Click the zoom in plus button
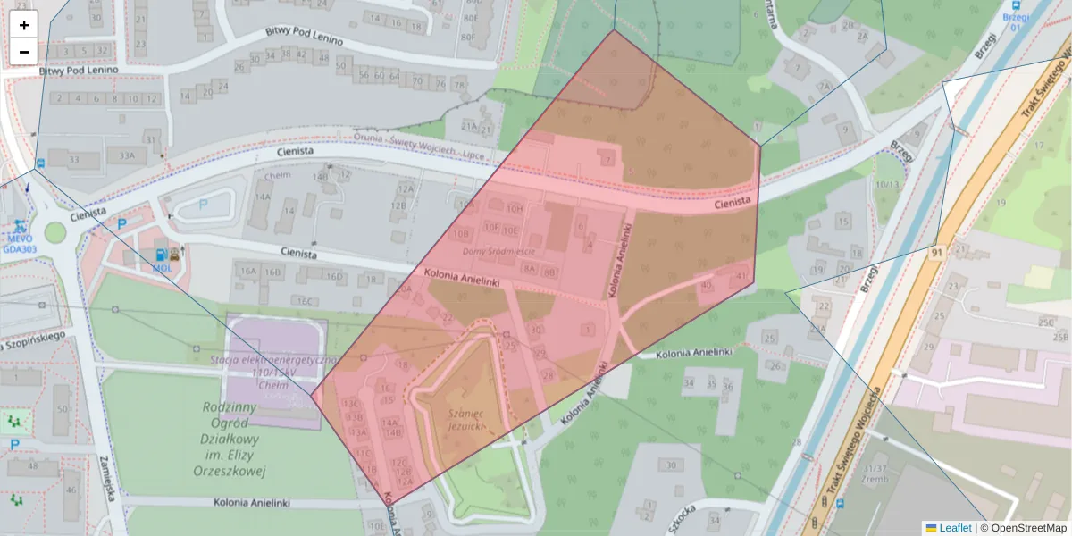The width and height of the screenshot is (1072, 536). (24, 25)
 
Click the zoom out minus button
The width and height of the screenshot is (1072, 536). (24, 52)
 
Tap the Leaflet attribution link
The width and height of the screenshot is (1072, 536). (955, 528)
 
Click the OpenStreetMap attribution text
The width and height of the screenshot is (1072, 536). (1027, 528)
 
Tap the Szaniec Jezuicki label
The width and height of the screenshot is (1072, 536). (465, 420)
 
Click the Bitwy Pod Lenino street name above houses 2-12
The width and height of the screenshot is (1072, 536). (80, 71)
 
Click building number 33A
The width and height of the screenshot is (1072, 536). (126, 155)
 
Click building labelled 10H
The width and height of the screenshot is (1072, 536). (514, 208)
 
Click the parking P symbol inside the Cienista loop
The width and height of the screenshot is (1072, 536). (202, 204)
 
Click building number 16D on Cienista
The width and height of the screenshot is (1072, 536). (334, 277)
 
